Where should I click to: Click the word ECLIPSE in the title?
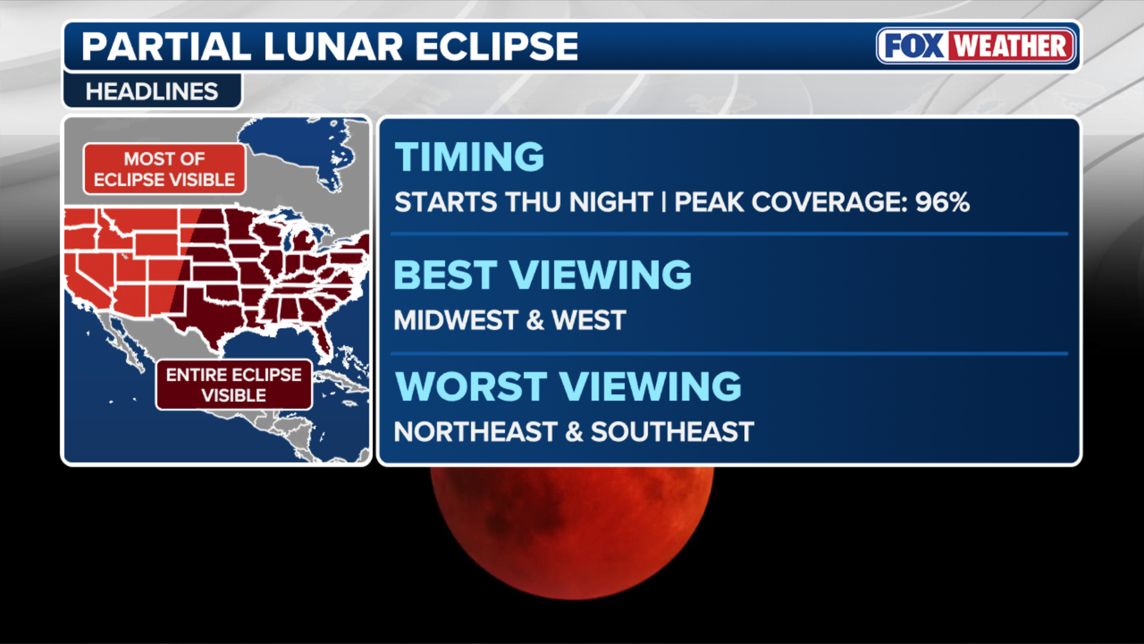496,47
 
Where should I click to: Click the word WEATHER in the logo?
1011,46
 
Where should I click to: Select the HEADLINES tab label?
152,92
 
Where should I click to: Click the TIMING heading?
470,157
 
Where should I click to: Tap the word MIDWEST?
456,320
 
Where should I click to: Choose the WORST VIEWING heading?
568,386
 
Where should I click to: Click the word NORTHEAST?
475,432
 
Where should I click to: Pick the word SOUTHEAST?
672,432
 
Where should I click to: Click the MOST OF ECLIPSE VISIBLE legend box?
164,169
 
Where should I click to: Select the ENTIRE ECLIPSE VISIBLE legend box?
234,385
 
